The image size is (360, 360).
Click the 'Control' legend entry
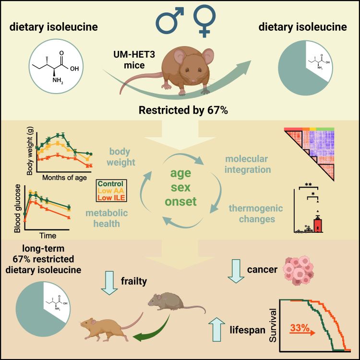[110, 184]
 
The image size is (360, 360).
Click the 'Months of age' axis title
[64, 178]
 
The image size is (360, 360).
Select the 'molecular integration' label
[247, 164]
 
